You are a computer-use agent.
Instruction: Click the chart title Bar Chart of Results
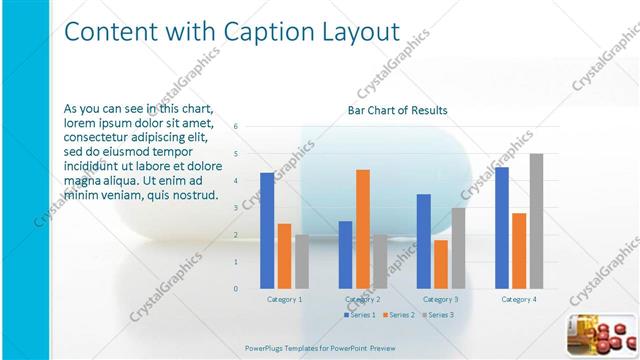(397, 110)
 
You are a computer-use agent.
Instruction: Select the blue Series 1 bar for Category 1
(267, 230)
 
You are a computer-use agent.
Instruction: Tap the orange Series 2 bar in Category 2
(362, 229)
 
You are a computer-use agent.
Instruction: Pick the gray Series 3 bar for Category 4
(536, 221)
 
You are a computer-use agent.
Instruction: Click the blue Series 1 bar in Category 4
(501, 228)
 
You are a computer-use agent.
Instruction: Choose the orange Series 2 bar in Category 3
(441, 264)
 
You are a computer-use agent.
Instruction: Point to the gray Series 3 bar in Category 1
(302, 261)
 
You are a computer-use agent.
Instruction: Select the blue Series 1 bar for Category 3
(424, 241)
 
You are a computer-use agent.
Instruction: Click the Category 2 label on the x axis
(362, 299)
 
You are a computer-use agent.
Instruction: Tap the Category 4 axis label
(518, 299)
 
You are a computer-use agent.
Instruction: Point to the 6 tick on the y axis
(236, 127)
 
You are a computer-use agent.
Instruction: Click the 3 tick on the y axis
(236, 208)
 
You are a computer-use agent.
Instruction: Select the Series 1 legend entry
(360, 315)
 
